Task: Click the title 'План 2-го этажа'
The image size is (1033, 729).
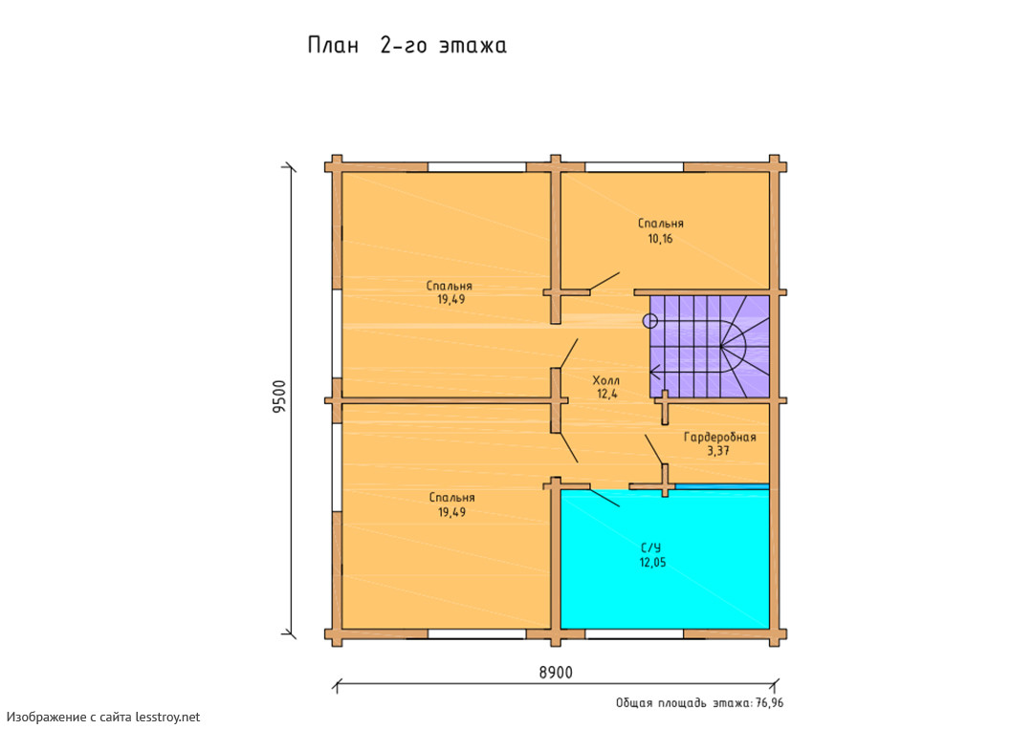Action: click(407, 46)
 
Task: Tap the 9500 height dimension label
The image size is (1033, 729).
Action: click(279, 397)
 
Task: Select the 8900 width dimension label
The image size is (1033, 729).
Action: click(556, 673)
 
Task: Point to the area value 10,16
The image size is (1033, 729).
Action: click(660, 239)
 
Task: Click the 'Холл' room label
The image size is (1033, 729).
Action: click(606, 380)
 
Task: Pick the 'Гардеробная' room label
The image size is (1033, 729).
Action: click(719, 437)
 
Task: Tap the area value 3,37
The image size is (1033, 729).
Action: click(718, 451)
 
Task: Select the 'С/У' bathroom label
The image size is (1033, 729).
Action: click(651, 548)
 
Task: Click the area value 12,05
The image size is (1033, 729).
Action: click(652, 563)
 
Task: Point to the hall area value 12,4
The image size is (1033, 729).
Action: click(606, 394)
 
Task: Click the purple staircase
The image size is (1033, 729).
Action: click(710, 346)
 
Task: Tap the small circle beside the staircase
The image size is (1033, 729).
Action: click(649, 321)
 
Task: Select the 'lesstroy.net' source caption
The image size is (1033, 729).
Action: click(168, 717)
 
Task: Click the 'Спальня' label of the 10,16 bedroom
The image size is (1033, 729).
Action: click(661, 224)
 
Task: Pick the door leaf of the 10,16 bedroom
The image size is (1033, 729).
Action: click(604, 281)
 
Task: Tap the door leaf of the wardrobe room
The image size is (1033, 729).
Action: click(654, 449)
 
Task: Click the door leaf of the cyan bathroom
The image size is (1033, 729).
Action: click(604, 498)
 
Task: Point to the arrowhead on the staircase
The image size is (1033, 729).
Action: click(655, 373)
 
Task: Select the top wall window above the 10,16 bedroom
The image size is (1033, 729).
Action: click(634, 167)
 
